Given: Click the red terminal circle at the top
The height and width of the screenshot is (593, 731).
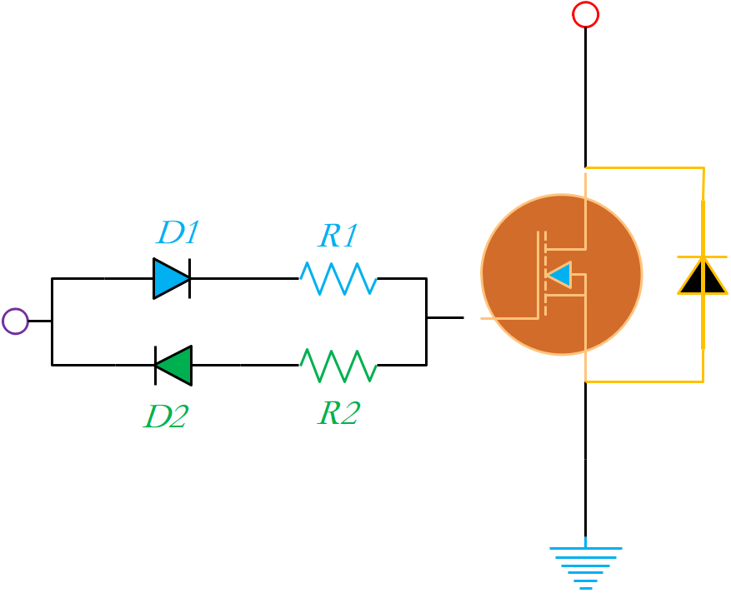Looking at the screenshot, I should click(585, 14).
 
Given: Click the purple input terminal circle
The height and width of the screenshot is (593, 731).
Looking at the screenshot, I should click(15, 321).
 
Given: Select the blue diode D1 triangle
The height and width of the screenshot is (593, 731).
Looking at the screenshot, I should click(170, 278).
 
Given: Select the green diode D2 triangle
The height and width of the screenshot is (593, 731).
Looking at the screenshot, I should click(175, 365).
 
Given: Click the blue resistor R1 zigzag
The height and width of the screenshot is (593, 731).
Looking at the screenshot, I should click(338, 278).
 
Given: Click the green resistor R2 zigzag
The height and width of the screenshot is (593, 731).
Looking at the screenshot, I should click(338, 365).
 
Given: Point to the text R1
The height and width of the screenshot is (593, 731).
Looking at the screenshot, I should click(338, 237).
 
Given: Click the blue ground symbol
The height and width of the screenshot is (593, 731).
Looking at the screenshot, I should click(585, 563).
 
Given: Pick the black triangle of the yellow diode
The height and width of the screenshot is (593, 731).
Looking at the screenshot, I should click(703, 278).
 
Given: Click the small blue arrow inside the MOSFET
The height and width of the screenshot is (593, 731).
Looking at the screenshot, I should click(560, 274).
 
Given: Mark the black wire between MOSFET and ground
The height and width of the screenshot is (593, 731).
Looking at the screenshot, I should click(585, 458).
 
